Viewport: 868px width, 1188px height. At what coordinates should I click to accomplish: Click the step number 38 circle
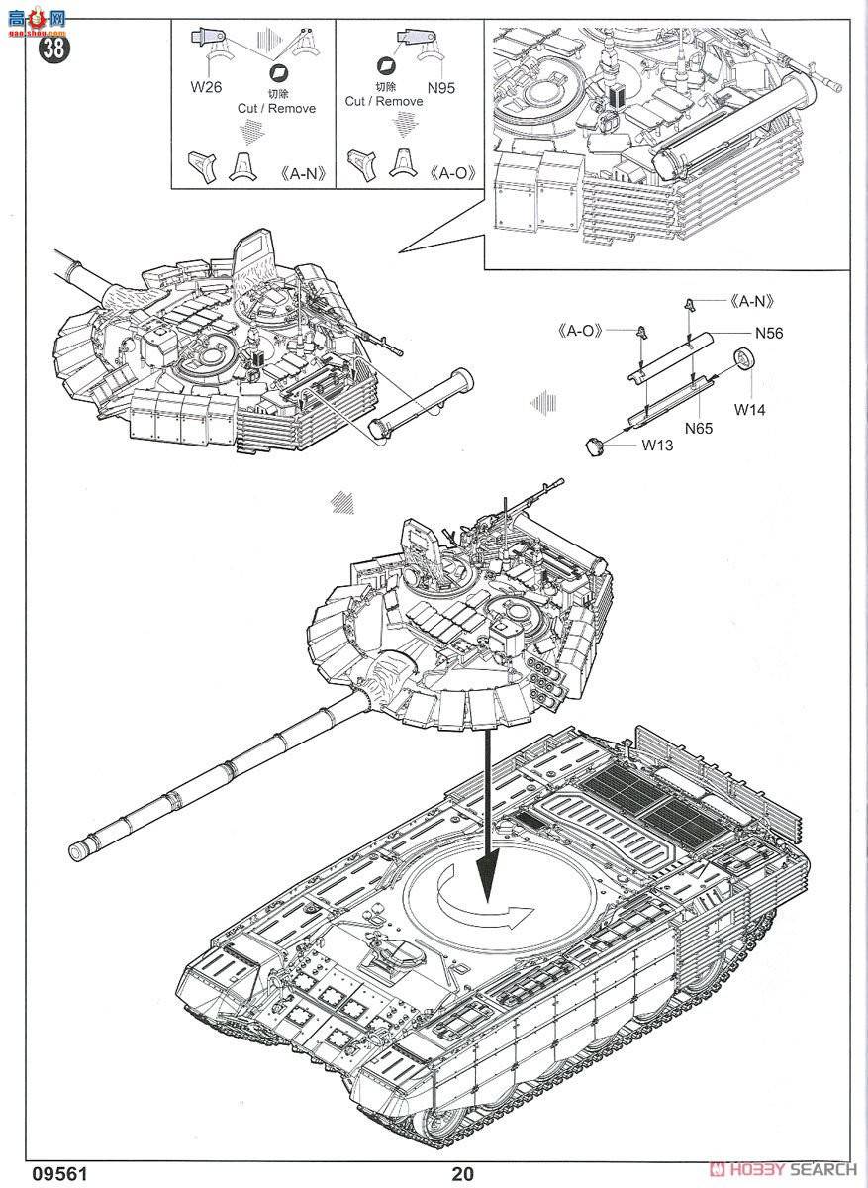(52, 48)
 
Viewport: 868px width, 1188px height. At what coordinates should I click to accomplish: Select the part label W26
(206, 88)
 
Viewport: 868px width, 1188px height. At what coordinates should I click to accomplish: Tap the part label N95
(441, 88)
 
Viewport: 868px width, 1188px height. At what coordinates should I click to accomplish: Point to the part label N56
(767, 334)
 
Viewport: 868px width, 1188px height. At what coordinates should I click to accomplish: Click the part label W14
(750, 408)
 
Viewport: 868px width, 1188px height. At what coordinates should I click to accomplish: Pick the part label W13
(656, 445)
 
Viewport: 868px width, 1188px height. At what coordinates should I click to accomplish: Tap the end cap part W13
(596, 446)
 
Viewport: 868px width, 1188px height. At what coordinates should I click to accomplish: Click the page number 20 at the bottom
(462, 1174)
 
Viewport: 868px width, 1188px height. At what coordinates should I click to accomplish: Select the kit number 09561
(41, 1174)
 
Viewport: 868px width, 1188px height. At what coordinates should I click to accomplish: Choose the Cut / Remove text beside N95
(383, 101)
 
